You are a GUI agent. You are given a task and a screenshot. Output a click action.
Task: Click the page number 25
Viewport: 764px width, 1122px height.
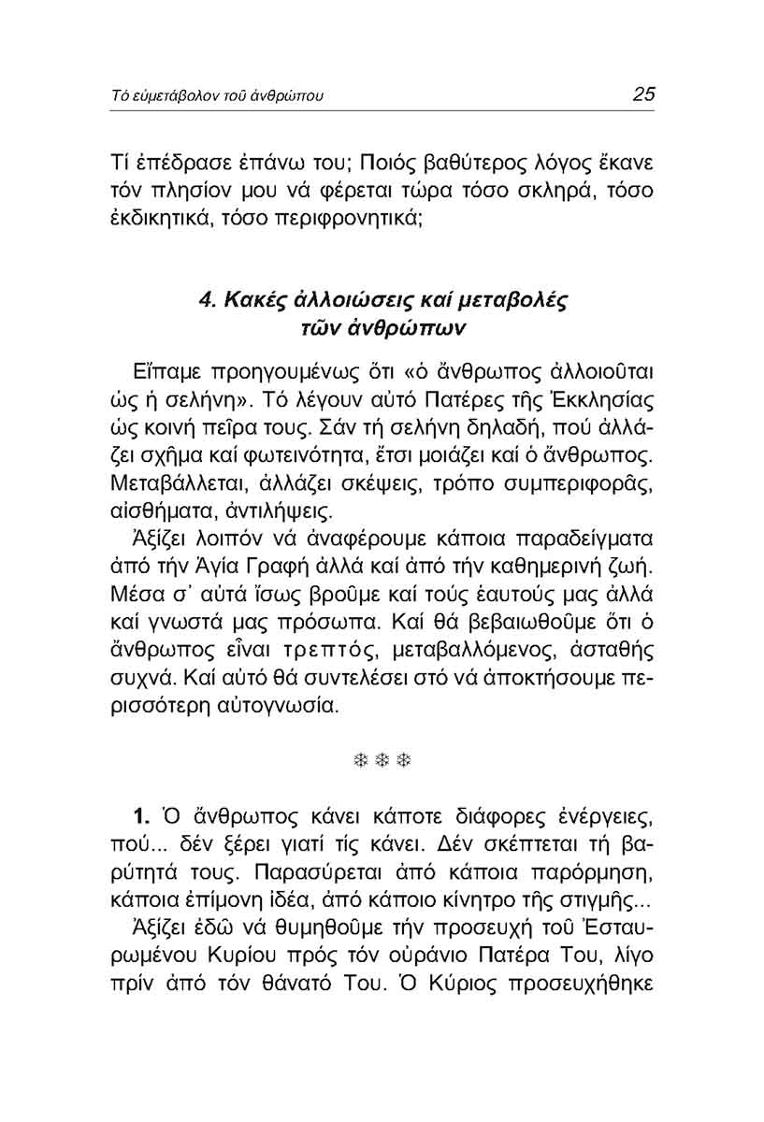coord(642,94)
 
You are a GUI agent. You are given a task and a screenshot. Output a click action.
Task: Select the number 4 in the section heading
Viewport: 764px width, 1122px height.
coord(207,301)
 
